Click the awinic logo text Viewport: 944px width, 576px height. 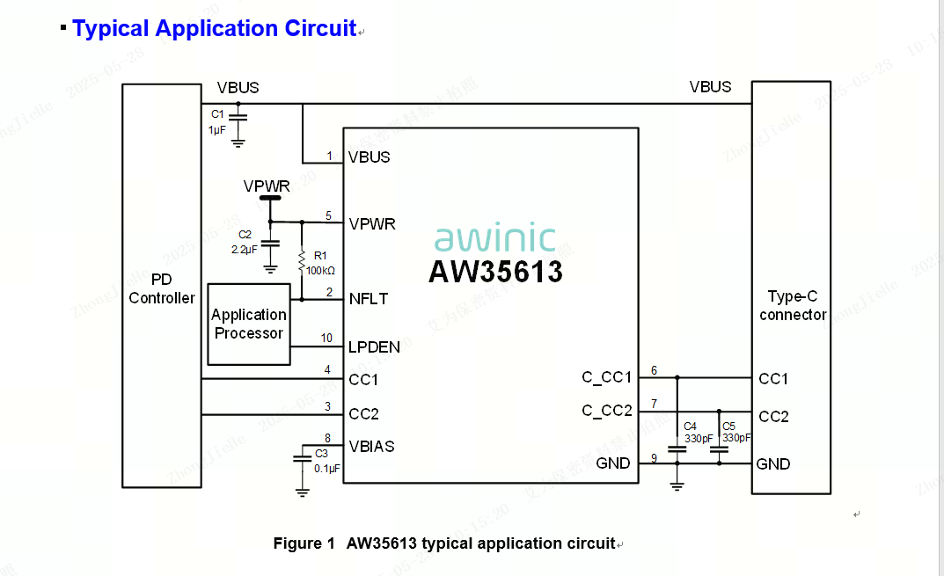[x=495, y=238]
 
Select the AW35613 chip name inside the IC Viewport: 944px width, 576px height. [x=495, y=272]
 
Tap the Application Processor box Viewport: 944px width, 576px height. [x=249, y=324]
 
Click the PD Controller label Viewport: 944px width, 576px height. [x=162, y=288]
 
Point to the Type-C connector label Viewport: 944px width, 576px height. [x=793, y=306]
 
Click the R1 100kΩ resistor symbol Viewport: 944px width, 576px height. [x=302, y=262]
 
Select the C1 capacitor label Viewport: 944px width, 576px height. [x=217, y=114]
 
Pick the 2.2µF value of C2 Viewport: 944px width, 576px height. [x=245, y=249]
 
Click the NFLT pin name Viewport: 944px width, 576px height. [x=368, y=299]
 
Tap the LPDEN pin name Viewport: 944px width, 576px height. [x=374, y=347]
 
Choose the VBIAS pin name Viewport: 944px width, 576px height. [x=371, y=447]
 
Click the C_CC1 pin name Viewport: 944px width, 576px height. [x=606, y=377]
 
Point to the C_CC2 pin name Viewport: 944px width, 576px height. [x=606, y=411]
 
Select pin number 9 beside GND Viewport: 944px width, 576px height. [x=654, y=457]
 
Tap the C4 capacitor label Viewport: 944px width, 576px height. [x=691, y=426]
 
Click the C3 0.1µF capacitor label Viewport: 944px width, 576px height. [x=322, y=454]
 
